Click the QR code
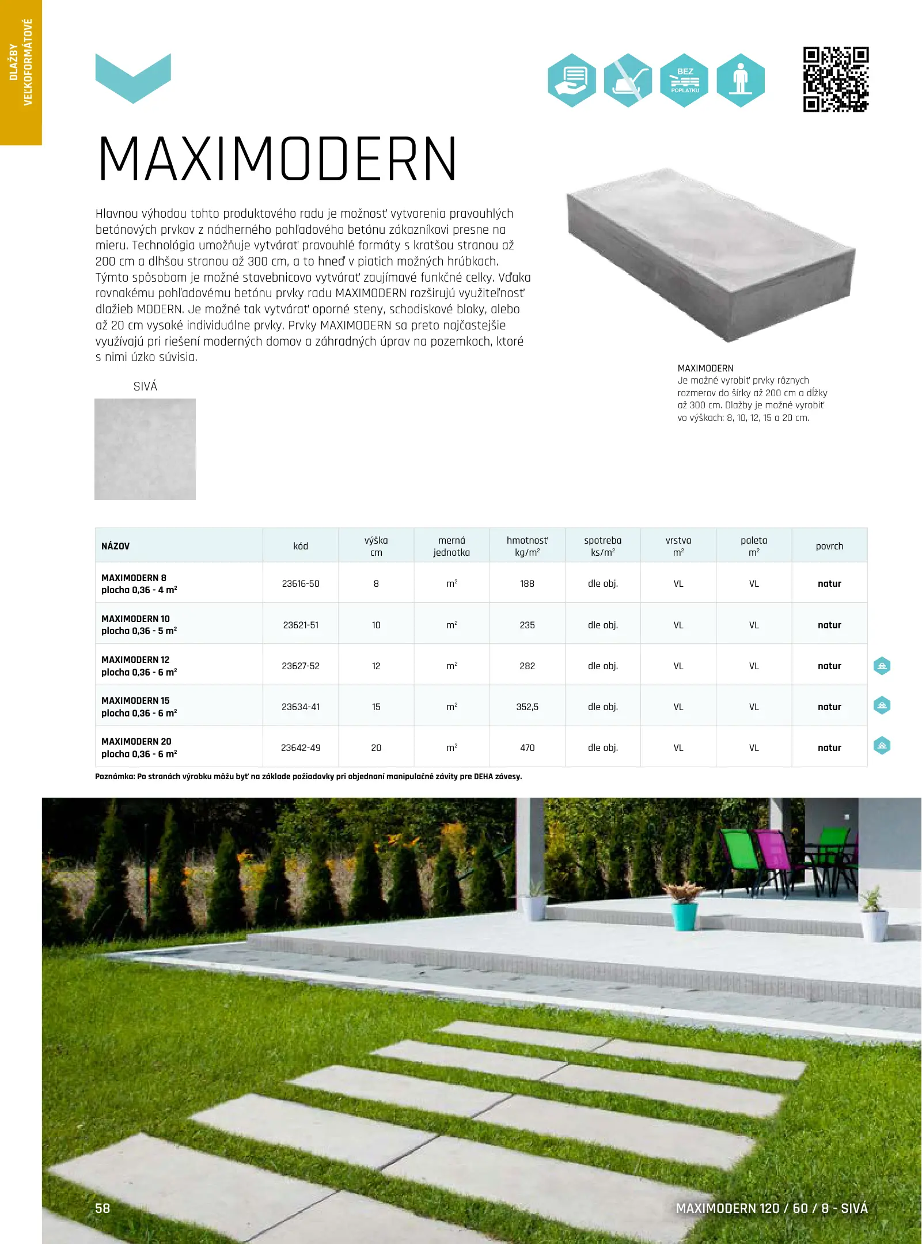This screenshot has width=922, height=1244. coord(836,79)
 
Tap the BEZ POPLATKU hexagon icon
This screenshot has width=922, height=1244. coord(684,81)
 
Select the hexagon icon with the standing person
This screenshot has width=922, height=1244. coord(741,81)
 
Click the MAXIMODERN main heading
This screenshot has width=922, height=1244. coord(278,160)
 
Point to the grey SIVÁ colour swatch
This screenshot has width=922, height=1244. coord(145,449)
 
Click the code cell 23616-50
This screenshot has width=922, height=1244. coord(301,583)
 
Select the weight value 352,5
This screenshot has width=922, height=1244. coord(527,707)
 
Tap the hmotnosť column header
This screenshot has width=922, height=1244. coord(527,546)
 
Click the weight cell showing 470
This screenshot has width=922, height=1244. coord(527,748)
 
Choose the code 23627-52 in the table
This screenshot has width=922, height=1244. coord(301,666)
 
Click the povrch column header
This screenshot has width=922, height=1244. coord(829,546)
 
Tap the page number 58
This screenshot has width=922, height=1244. coord(103,1208)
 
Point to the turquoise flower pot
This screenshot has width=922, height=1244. coord(685,916)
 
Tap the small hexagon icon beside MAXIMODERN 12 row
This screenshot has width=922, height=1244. coord(882,666)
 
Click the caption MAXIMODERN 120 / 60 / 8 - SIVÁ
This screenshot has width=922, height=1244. coord(771,1208)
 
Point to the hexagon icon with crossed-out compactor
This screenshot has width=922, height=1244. coord(628,81)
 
